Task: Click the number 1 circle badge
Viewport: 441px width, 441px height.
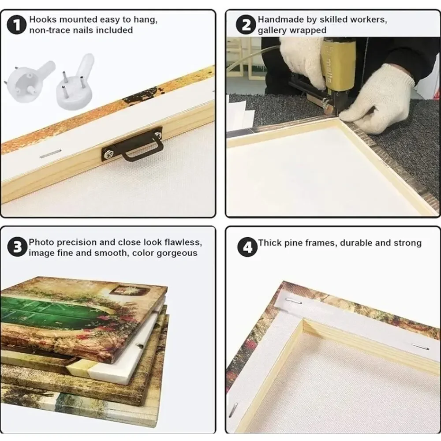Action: [x=17, y=25]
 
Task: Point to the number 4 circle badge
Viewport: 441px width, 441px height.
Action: [x=247, y=247]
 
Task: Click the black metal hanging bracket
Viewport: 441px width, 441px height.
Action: [x=132, y=145]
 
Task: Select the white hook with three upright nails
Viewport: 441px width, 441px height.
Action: [x=75, y=83]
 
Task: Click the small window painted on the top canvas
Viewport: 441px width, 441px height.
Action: [x=129, y=290]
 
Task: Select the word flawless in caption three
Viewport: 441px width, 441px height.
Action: [x=183, y=242]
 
